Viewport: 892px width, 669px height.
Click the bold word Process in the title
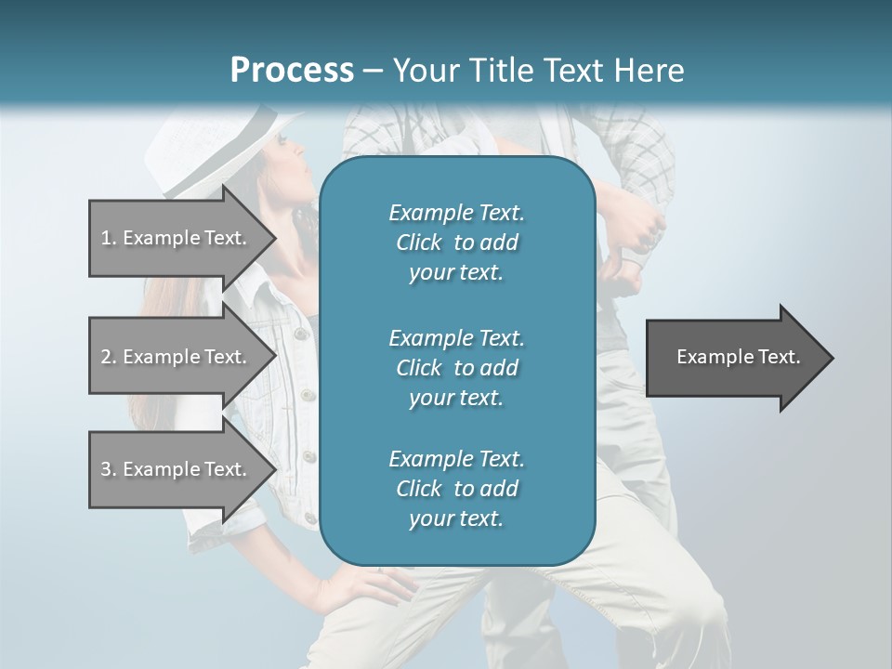pyautogui.click(x=292, y=71)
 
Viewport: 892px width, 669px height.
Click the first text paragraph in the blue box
pyautogui.click(x=456, y=243)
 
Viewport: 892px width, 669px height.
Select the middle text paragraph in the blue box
pyautogui.click(x=456, y=367)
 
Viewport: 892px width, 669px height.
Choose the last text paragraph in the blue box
pyautogui.click(x=456, y=489)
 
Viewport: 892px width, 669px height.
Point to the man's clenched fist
pyautogui.click(x=643, y=232)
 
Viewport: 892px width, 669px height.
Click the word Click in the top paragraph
pyautogui.click(x=419, y=243)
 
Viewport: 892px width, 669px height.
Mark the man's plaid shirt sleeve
pyautogui.click(x=641, y=149)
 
